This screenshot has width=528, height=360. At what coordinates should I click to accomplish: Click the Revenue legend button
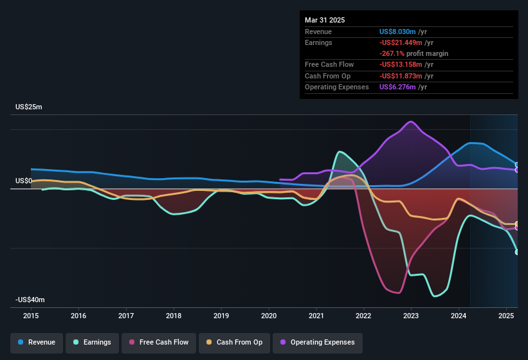(x=37, y=342)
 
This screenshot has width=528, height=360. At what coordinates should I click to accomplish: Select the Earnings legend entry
(x=93, y=342)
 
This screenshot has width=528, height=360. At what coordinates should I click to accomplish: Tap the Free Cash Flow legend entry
(x=159, y=342)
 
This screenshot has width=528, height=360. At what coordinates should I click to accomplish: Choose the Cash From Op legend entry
(x=233, y=342)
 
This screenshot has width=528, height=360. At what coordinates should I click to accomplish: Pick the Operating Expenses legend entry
(x=318, y=342)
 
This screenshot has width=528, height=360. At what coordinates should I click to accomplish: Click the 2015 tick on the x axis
(x=32, y=316)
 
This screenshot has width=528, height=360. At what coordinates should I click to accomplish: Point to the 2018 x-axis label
(x=174, y=316)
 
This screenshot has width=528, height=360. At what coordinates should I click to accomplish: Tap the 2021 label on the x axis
(x=316, y=316)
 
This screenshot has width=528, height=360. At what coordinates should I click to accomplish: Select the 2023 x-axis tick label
(x=411, y=316)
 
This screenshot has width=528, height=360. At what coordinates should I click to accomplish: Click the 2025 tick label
(x=506, y=316)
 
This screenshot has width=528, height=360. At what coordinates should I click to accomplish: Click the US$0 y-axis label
(x=23, y=181)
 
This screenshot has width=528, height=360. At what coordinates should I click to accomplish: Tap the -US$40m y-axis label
(x=30, y=300)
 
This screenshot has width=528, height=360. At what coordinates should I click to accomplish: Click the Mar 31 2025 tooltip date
(x=325, y=20)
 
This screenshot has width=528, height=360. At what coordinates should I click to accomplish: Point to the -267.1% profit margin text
(x=414, y=53)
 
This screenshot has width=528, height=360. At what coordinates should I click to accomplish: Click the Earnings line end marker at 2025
(x=517, y=252)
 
